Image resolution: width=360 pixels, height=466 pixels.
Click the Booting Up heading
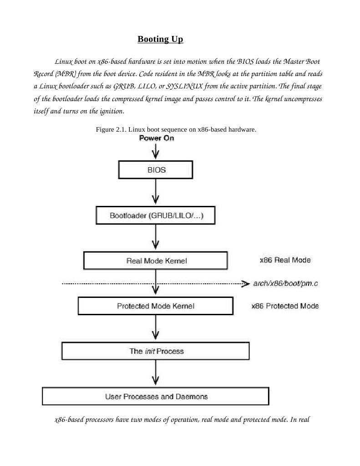(x=160, y=39)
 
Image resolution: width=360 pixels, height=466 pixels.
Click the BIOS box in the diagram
(x=156, y=170)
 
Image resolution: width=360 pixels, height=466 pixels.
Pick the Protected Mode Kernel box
(x=156, y=306)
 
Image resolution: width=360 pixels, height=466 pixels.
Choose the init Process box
(x=156, y=351)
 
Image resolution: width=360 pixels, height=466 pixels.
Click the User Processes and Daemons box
(x=156, y=396)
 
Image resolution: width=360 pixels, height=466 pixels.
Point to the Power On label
(x=157, y=138)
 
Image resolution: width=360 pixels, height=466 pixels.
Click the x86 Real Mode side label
(x=285, y=260)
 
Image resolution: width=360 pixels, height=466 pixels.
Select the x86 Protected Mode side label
(x=285, y=306)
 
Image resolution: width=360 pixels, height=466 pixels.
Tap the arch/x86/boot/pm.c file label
(x=285, y=284)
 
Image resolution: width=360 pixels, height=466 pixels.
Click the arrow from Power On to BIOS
(x=156, y=150)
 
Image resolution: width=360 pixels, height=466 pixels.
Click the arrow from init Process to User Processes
(x=156, y=373)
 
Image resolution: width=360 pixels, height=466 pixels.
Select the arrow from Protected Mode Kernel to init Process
(x=156, y=328)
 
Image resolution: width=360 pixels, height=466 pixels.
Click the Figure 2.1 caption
(x=176, y=129)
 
